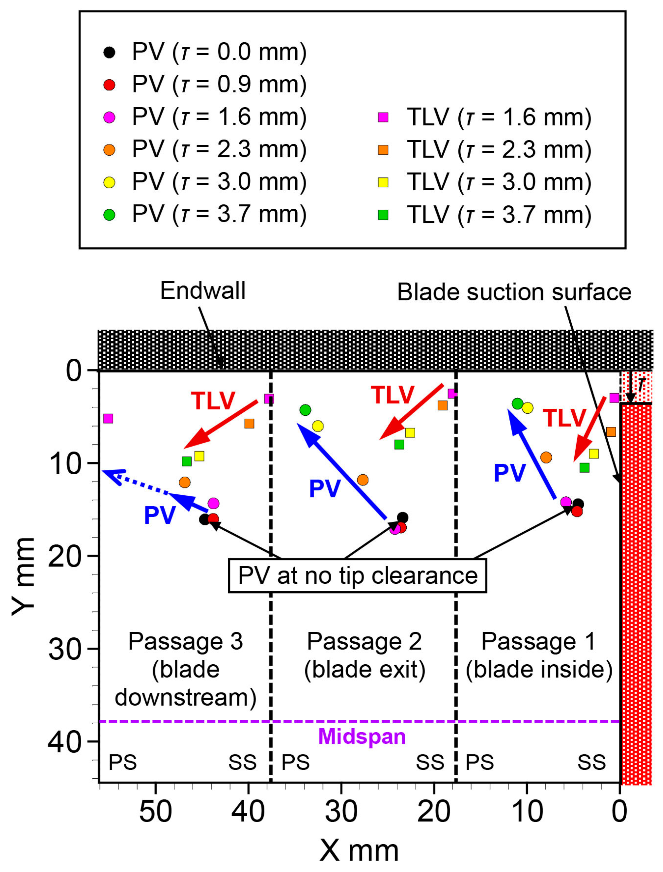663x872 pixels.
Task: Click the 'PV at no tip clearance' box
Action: tap(357, 576)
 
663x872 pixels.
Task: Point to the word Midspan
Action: tap(362, 737)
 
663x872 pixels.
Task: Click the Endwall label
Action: tap(202, 291)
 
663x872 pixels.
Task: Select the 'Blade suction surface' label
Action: tap(514, 293)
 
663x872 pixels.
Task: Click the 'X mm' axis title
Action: tap(359, 851)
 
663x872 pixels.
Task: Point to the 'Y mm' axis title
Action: tap(24, 576)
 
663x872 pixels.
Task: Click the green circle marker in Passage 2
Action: tap(305, 410)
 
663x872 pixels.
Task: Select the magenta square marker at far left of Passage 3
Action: tap(108, 418)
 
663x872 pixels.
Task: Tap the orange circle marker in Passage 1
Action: tap(546, 458)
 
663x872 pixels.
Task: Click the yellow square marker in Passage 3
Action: tap(199, 456)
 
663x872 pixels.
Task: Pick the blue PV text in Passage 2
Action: tap(324, 489)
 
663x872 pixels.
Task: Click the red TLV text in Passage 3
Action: tap(213, 401)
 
